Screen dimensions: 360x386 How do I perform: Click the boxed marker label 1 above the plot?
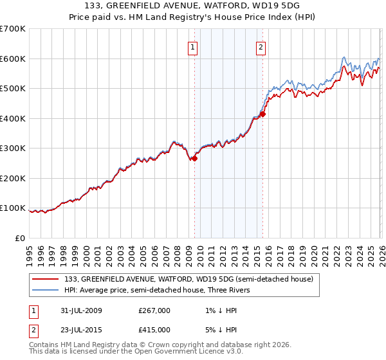[x=194, y=46]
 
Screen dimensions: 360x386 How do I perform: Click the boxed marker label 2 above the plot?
[x=261, y=46]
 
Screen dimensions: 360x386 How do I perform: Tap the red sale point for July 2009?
[x=194, y=158]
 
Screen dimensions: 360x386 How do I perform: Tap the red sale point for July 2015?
[x=262, y=114]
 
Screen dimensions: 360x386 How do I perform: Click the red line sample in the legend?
[x=46, y=279]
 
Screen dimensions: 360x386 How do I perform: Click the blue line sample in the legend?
[x=46, y=290]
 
